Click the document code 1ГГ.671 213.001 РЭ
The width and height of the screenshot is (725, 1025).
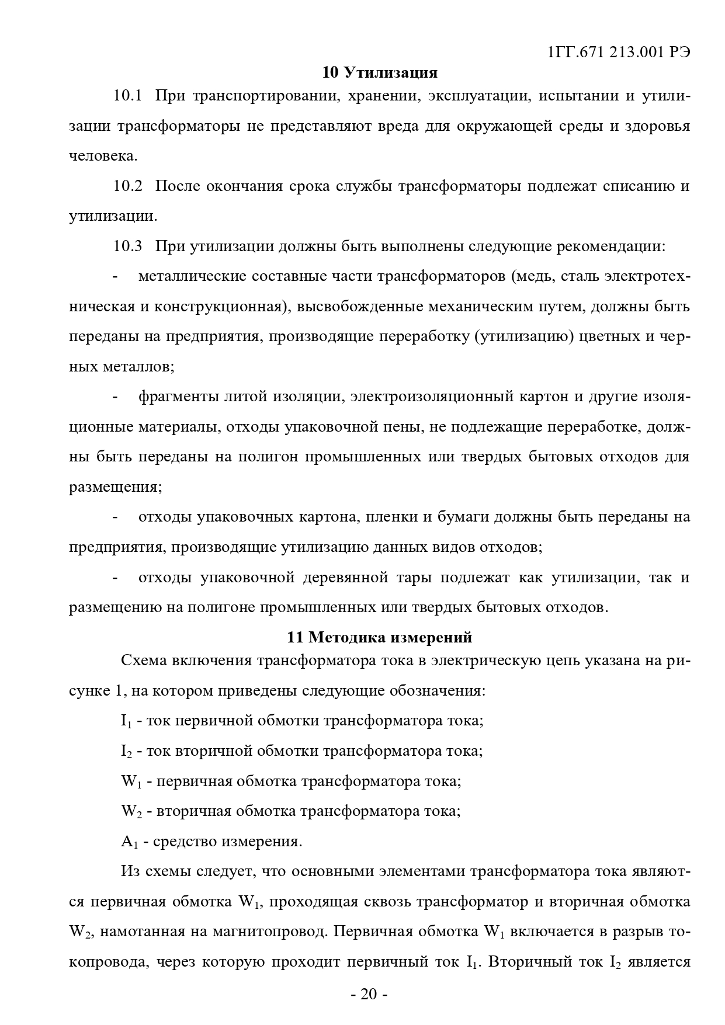point(619,52)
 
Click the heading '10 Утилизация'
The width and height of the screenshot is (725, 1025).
point(380,72)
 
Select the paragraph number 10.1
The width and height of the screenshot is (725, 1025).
point(128,96)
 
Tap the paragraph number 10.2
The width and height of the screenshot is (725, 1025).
point(128,186)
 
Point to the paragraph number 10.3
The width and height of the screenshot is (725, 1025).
point(128,246)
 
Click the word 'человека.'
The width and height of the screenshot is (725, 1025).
point(103,156)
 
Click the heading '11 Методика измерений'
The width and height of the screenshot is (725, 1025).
point(380,637)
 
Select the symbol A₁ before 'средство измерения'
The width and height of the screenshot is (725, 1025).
point(128,842)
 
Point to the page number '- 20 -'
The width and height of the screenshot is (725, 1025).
point(369,995)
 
